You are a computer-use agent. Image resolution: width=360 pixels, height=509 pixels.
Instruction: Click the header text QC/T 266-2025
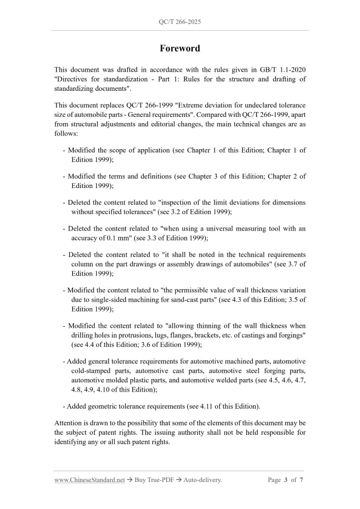pyautogui.click(x=180, y=22)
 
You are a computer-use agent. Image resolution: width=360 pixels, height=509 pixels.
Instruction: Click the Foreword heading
pyautogui.click(x=180, y=48)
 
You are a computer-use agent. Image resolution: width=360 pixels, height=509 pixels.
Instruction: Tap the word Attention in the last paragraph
pyautogui.click(x=70, y=423)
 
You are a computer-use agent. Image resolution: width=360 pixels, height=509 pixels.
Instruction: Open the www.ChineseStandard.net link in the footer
pyautogui.click(x=89, y=480)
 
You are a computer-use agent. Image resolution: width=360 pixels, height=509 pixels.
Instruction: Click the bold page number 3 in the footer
pyautogui.click(x=285, y=480)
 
